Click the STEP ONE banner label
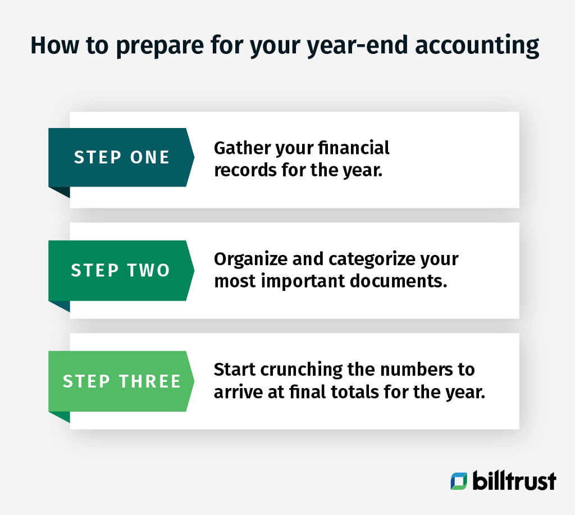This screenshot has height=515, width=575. [121, 157]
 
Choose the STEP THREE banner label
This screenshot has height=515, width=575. [122, 381]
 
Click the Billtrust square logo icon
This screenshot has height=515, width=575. [458, 481]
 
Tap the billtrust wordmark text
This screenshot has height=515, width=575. [514, 481]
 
